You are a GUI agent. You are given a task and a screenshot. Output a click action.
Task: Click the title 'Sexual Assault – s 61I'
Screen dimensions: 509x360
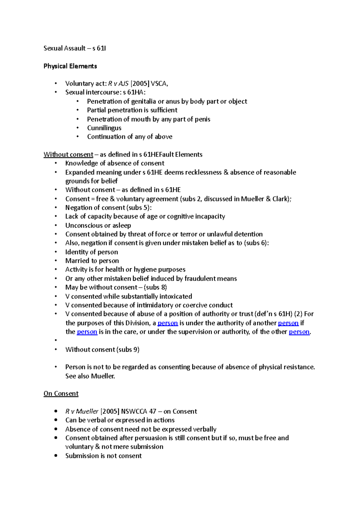click(75, 48)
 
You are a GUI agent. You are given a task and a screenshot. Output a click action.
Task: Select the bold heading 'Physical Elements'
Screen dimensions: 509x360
click(70, 66)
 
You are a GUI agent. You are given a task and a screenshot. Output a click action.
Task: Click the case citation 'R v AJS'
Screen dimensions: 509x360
click(118, 84)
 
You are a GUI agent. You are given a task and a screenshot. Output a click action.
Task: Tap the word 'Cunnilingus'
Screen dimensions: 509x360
click(104, 128)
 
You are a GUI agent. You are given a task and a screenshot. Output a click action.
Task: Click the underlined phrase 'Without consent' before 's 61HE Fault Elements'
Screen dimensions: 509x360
click(68, 155)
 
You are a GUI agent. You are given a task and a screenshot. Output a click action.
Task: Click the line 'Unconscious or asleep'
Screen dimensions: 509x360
click(98, 225)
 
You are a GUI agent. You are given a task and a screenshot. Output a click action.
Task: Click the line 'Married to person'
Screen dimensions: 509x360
click(92, 261)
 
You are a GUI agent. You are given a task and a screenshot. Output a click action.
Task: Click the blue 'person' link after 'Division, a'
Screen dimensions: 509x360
click(168, 323)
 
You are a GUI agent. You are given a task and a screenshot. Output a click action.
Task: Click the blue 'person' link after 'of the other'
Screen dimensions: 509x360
click(299, 332)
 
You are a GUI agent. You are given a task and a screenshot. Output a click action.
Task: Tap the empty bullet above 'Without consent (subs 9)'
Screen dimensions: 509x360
click(56, 341)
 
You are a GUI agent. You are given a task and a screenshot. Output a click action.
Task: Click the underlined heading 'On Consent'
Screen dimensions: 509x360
click(61, 394)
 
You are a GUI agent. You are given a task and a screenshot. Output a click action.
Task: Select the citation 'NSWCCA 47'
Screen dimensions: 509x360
click(138, 411)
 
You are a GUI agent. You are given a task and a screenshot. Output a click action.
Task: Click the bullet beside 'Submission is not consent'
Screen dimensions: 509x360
click(56, 456)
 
